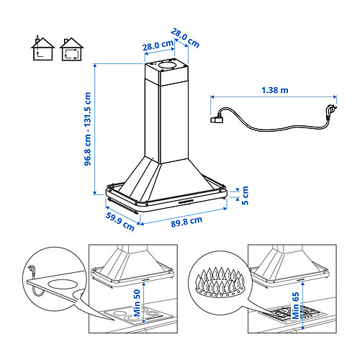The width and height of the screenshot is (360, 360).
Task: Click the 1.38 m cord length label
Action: tap(275, 90)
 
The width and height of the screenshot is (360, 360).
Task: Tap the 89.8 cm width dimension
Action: tap(186, 221)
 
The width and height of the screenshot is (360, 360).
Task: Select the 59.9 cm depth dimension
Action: tap(120, 222)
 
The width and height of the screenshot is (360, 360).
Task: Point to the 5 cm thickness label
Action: tap(245, 195)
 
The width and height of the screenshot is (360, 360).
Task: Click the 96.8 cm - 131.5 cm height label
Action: tap(88, 129)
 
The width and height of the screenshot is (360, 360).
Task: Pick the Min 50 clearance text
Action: tap(137, 303)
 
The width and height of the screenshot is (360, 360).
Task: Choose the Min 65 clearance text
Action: tap(296, 305)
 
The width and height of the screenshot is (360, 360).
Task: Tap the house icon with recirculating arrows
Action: tap(71, 49)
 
